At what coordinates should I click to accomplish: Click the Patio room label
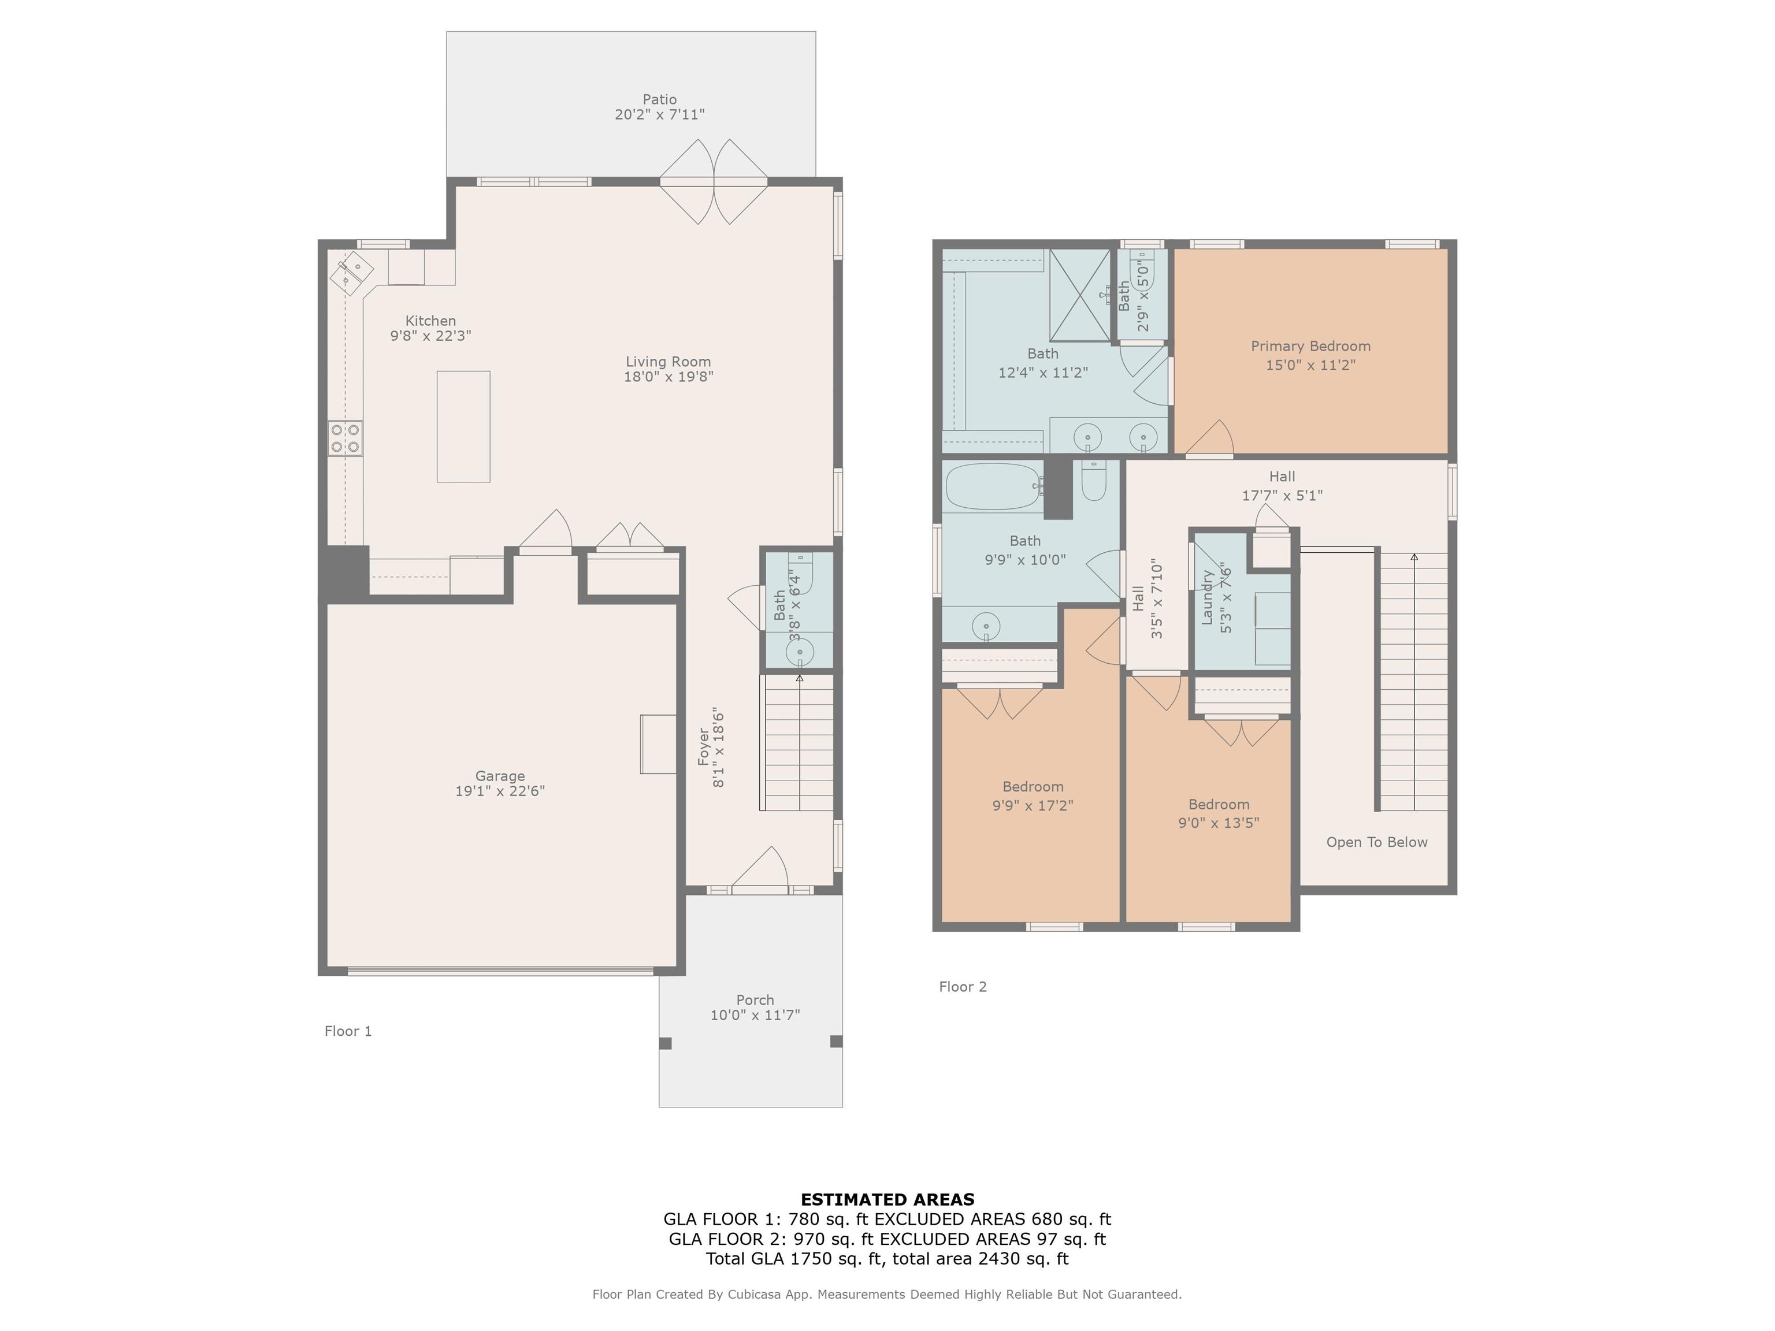pyautogui.click(x=660, y=99)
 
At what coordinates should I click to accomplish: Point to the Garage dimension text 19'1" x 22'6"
pyautogui.click(x=500, y=791)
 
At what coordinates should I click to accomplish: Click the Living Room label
pyautogui.click(x=669, y=362)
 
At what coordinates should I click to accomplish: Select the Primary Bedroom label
pyautogui.click(x=1310, y=346)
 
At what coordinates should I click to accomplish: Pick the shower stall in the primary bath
pyautogui.click(x=1080, y=295)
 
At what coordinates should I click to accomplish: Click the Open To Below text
pyautogui.click(x=1377, y=842)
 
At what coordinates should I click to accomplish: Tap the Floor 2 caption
pyautogui.click(x=963, y=986)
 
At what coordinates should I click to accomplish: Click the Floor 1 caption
pyautogui.click(x=348, y=1031)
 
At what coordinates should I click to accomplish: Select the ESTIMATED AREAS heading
pyautogui.click(x=887, y=1199)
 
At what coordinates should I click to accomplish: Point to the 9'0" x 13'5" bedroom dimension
pyautogui.click(x=1219, y=823)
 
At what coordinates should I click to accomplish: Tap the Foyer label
pyautogui.click(x=704, y=746)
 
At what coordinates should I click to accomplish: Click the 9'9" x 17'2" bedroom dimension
pyautogui.click(x=1033, y=805)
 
